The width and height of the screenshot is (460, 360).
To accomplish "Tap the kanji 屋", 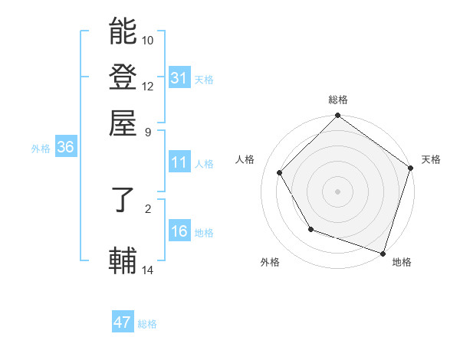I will click(123, 123).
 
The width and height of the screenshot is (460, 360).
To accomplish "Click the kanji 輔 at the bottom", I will click(123, 261).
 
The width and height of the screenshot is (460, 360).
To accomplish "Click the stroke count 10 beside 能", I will click(148, 40).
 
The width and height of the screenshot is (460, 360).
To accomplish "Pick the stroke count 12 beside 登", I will click(148, 86).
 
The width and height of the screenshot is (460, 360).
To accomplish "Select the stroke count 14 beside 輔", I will click(148, 270).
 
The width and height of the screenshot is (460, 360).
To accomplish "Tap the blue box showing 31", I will click(179, 78).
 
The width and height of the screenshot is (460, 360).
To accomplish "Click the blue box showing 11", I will click(179, 162).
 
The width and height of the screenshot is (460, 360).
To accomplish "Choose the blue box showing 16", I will click(179, 231).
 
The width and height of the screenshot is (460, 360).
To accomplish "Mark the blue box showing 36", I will click(65, 148).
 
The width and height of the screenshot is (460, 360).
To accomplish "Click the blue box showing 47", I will click(122, 322).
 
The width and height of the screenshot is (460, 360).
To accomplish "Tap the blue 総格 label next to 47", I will click(147, 324).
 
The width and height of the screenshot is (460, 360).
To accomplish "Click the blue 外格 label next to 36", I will click(40, 149).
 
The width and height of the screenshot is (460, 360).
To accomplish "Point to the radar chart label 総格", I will click(337, 100).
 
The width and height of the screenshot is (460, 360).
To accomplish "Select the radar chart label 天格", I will click(431, 159).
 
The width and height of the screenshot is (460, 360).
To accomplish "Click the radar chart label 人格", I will click(245, 159).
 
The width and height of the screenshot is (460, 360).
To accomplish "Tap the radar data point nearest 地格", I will click(383, 252).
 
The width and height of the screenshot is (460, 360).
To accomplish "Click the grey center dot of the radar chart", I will click(337, 191).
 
